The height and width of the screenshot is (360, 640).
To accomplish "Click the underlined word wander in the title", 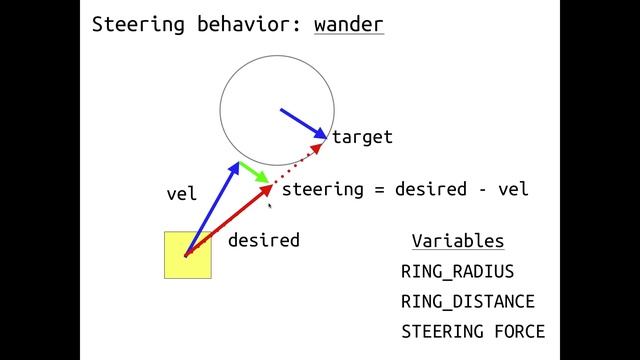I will [348, 24].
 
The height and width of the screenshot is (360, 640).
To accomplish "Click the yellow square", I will [188, 255].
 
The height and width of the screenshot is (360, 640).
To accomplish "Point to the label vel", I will [181, 194].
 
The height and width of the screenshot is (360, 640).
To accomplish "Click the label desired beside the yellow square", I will [263, 240].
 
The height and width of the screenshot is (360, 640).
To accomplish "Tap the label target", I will [362, 137].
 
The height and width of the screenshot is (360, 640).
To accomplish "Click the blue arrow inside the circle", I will [303, 122].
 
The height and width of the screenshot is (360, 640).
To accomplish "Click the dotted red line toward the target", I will [298, 163].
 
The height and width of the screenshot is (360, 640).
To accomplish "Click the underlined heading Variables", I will [457, 241].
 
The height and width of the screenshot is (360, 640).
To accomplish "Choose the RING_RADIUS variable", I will [457, 271].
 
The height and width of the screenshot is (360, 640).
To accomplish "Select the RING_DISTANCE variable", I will [467, 301].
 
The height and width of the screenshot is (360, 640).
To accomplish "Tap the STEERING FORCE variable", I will [472, 331].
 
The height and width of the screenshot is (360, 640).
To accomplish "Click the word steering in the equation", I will [322, 189].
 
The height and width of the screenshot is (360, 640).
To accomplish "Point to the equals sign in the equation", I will [379, 189].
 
